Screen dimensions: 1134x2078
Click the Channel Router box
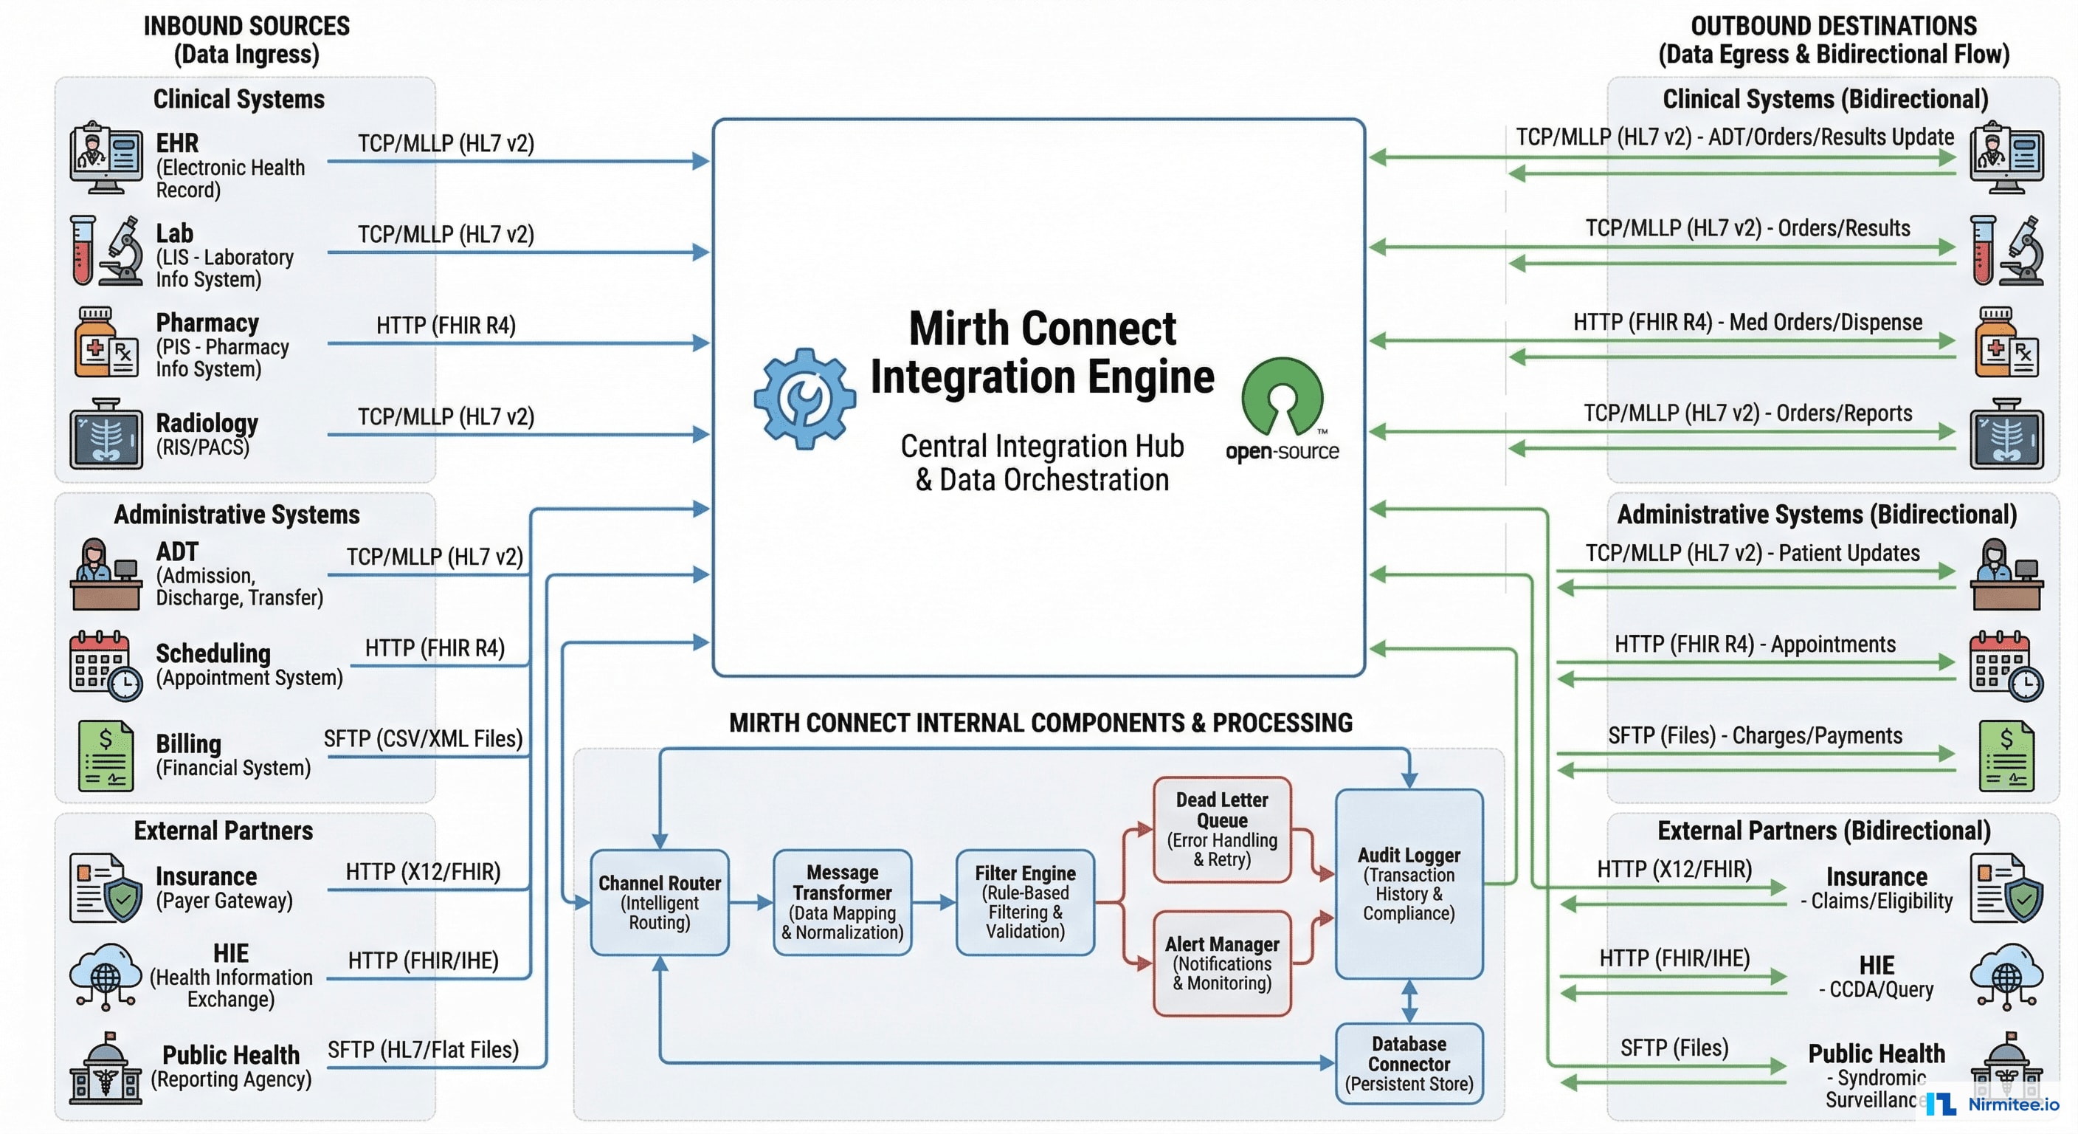point(659,902)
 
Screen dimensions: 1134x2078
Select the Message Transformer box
point(841,902)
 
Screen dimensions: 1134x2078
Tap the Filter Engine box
point(1024,902)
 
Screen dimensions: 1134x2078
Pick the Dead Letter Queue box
point(1221,830)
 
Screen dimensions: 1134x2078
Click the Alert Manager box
point(1221,963)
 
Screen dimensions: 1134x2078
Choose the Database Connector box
point(1409,1063)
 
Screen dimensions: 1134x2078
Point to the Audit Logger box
point(1409,884)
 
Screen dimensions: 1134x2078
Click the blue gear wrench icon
point(804,399)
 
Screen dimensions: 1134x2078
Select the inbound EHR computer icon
point(106,158)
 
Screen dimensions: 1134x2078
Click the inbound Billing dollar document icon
point(106,756)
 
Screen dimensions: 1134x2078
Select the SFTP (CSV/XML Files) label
point(423,738)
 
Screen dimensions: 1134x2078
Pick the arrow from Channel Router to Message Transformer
point(751,902)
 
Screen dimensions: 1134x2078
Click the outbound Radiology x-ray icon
point(2006,434)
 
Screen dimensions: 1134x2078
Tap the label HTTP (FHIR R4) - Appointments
point(1755,644)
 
